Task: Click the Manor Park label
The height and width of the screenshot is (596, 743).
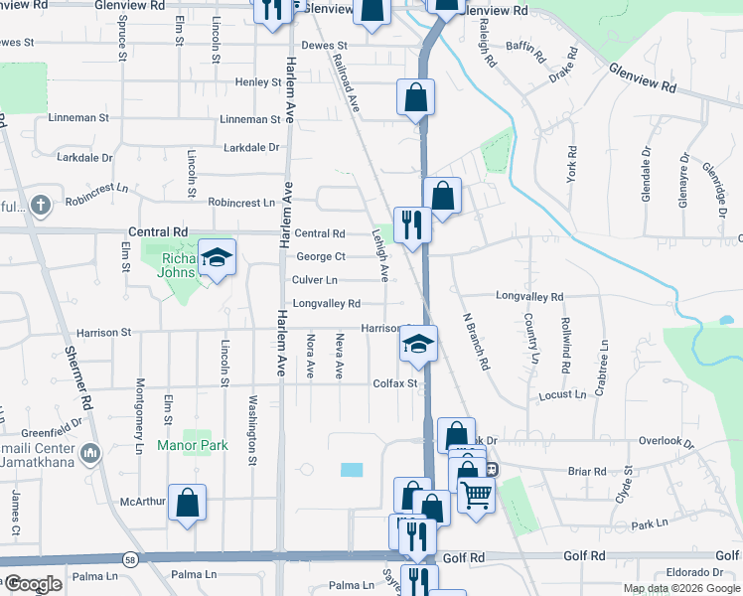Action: click(x=193, y=445)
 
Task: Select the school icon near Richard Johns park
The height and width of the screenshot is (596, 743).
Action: click(x=217, y=259)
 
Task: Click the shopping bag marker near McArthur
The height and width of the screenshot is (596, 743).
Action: click(x=187, y=503)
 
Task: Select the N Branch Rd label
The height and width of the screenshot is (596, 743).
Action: click(x=476, y=342)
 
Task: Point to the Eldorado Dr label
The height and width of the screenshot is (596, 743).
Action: click(x=694, y=572)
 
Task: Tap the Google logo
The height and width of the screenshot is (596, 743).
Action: click(x=32, y=584)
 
